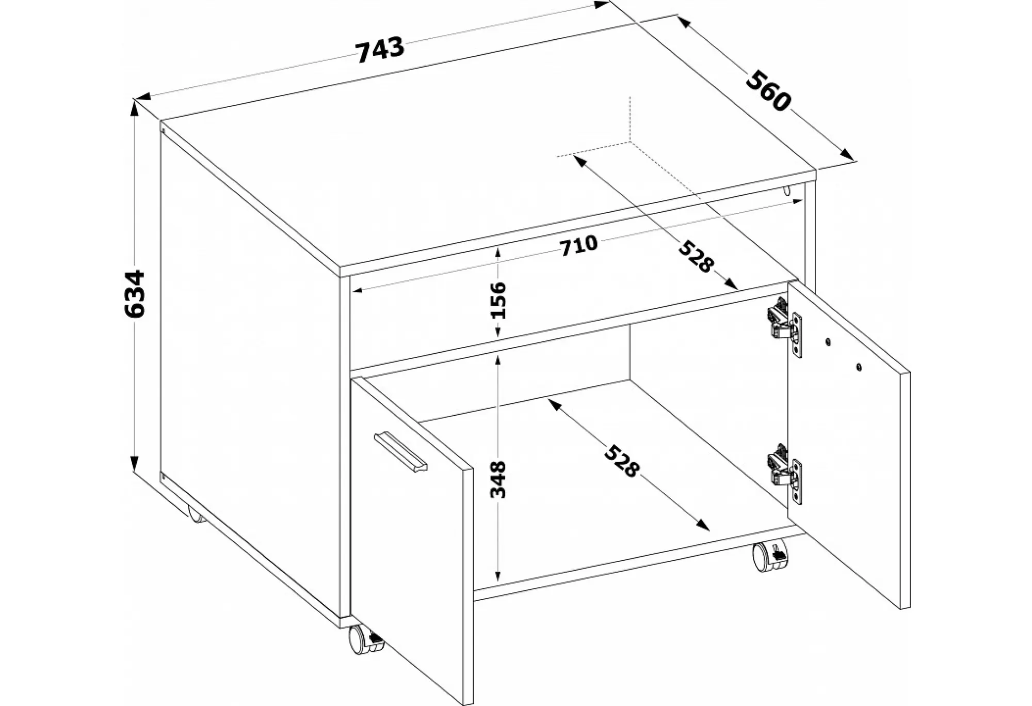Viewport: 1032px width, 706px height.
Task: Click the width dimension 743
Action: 380,50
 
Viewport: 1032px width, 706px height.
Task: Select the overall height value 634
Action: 135,293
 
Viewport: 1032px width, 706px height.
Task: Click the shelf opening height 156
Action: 498,300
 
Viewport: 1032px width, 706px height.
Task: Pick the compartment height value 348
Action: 498,479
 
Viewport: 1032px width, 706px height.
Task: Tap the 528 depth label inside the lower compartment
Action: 622,460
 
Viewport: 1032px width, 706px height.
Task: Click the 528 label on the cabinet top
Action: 696,256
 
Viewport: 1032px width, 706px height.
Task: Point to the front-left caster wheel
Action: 366,640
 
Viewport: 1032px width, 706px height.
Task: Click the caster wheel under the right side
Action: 770,556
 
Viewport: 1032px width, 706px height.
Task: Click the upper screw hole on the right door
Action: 828,341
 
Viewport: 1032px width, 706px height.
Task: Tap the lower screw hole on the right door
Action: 859,367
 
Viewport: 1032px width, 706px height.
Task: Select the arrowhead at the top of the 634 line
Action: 135,106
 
